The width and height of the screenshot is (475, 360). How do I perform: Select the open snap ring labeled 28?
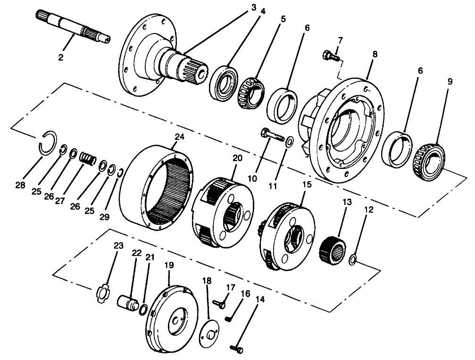pyautogui.click(x=47, y=142)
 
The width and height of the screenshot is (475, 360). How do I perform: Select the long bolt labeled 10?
pyautogui.click(x=271, y=136)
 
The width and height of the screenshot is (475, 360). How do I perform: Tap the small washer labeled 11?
pyautogui.click(x=289, y=140)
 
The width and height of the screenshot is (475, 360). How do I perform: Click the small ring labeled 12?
pyautogui.click(x=352, y=259)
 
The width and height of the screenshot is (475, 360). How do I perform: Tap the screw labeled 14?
pyautogui.click(x=236, y=349)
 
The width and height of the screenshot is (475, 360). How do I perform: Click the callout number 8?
pyautogui.click(x=375, y=54)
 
